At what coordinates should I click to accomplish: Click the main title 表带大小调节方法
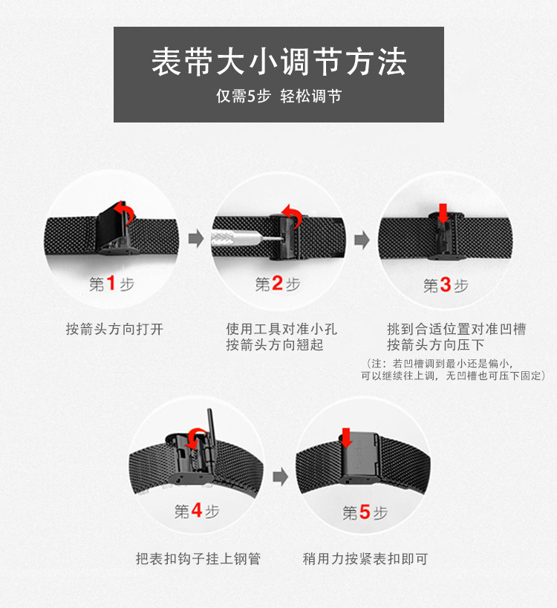278,62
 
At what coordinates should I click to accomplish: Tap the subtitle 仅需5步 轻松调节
278,97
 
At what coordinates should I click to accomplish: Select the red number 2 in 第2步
278,284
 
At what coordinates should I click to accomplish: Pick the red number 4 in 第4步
197,511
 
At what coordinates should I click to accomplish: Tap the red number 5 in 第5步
365,513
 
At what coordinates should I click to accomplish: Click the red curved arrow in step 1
126,215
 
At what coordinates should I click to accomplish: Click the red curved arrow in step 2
292,217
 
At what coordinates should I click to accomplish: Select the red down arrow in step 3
443,213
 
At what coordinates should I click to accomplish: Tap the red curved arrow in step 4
196,439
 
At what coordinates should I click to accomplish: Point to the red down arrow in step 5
346,437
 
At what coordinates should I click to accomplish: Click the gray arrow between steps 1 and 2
195,238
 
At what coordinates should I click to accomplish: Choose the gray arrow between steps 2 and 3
362,240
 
